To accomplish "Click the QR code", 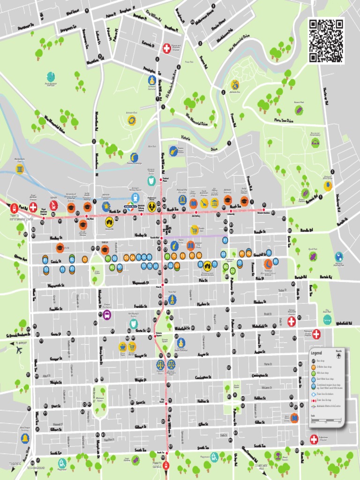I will click(x=326, y=41).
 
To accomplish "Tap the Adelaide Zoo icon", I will click(x=235, y=85).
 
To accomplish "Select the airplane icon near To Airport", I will click(x=19, y=350).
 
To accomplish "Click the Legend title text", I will click(x=316, y=353).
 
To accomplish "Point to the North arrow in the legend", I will click(x=338, y=355).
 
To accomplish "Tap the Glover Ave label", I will click(x=21, y=257).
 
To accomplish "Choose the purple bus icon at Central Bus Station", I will click(x=107, y=315).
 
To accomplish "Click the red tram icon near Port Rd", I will click(x=15, y=208).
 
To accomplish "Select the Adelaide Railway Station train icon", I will click(x=135, y=197).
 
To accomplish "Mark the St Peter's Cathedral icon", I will click(x=152, y=80).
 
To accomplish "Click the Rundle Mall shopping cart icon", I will click(x=195, y=230).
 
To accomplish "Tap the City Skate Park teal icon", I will click(x=327, y=320).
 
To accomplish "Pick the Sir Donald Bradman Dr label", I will click(x=18, y=335).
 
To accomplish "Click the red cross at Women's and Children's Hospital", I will click(x=166, y=48).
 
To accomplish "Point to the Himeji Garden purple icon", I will click(x=135, y=460).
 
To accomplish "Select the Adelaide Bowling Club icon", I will click(x=339, y=256).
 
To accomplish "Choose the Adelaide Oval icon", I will click(x=132, y=120).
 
